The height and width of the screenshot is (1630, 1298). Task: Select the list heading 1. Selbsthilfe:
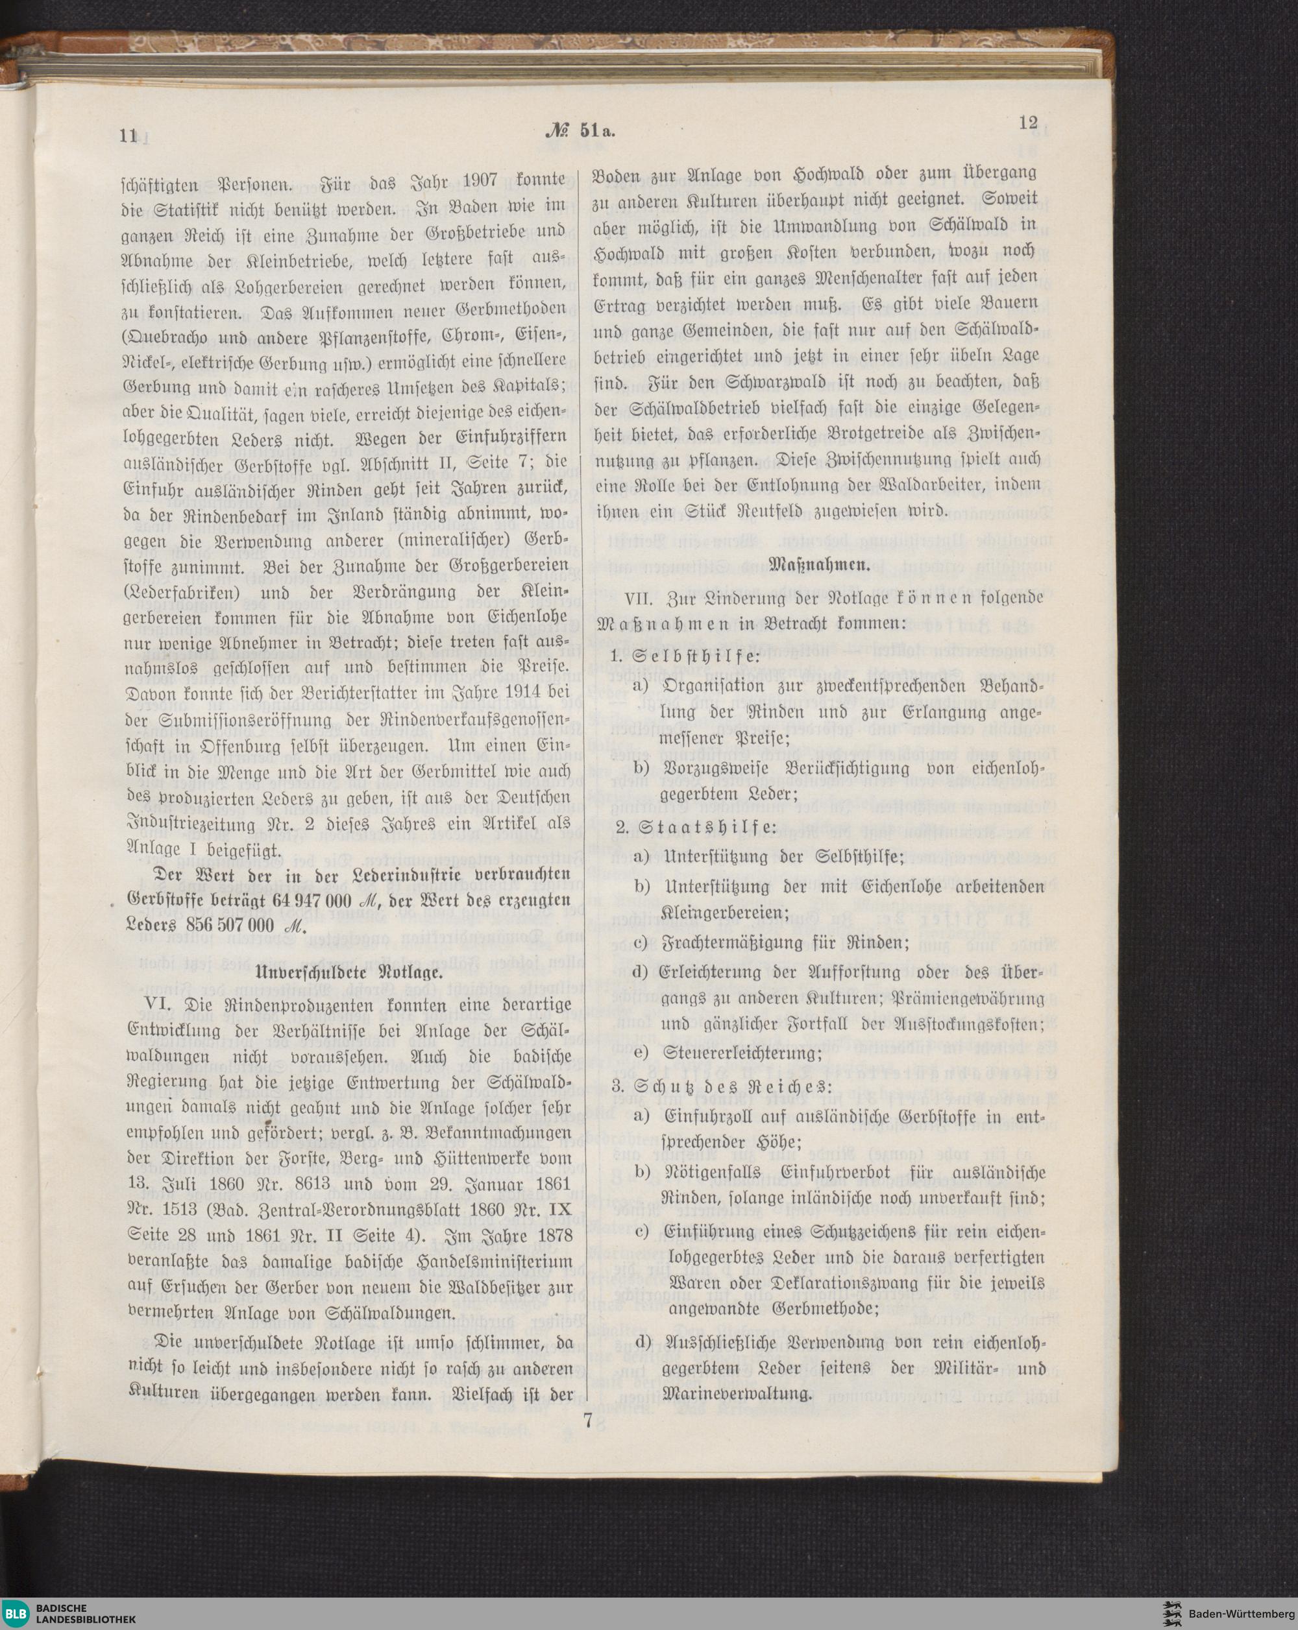point(685,656)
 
